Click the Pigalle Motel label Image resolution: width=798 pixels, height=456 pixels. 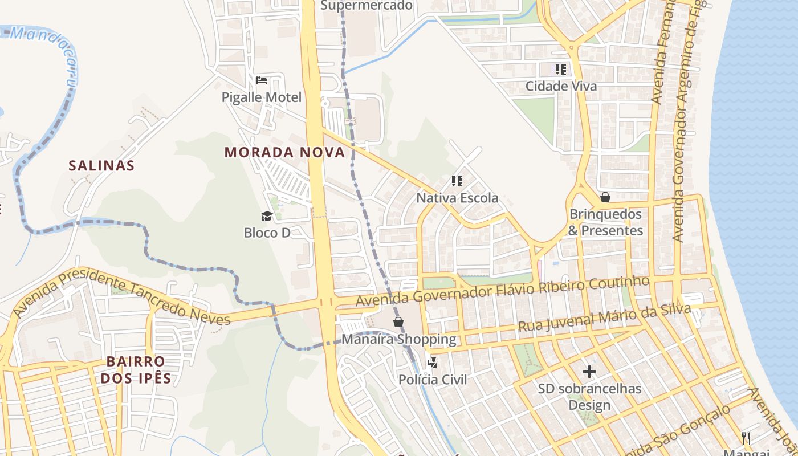point(262,97)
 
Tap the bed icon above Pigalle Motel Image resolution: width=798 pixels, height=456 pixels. point(262,80)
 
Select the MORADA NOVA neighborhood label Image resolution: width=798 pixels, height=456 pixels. point(284,152)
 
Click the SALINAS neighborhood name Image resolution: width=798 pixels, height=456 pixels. point(101,166)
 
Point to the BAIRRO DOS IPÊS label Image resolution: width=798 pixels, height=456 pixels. point(136,369)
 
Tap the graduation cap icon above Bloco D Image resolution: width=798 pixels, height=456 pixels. point(267,215)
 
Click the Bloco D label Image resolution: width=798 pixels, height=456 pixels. point(267,233)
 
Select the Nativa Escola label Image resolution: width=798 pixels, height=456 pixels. point(457,198)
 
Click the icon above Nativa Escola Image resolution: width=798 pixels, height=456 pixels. point(457,181)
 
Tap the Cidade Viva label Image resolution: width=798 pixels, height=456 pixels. point(561,86)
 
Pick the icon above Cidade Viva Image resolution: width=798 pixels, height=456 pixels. point(561,70)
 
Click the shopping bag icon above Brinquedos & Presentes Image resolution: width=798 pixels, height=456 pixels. point(605,197)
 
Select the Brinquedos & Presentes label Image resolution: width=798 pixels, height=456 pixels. point(605,222)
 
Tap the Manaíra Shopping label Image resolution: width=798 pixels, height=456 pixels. point(398,339)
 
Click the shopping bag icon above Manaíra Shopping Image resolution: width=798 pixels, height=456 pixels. point(398,322)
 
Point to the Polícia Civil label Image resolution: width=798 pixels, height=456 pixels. point(432,380)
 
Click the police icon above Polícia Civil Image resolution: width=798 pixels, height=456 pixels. point(432,363)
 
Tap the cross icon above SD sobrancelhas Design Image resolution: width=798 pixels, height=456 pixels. point(589,372)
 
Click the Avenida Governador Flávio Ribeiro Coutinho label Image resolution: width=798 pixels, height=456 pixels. point(502,291)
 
